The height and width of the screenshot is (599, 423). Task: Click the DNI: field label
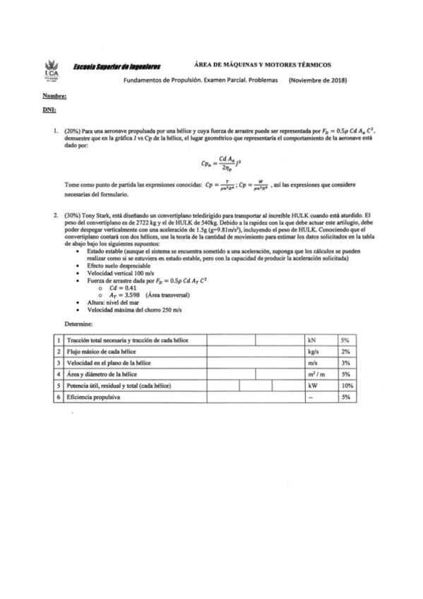[49, 110]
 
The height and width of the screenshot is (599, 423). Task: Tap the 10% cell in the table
[347, 386]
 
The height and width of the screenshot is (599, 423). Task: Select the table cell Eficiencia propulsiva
[94, 398]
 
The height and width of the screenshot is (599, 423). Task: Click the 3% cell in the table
[345, 362]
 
